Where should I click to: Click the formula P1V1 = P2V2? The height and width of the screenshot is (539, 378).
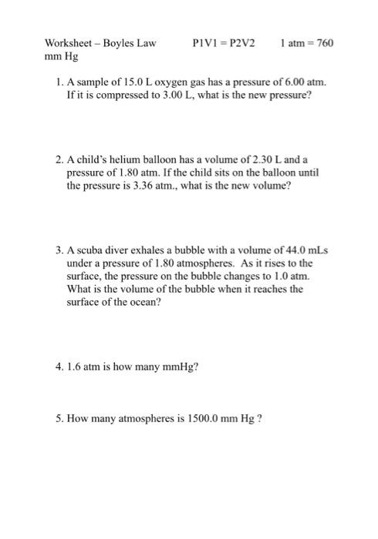click(x=225, y=43)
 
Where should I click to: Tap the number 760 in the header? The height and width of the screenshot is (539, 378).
click(x=326, y=43)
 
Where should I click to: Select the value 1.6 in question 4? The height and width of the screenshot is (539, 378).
click(x=75, y=366)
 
